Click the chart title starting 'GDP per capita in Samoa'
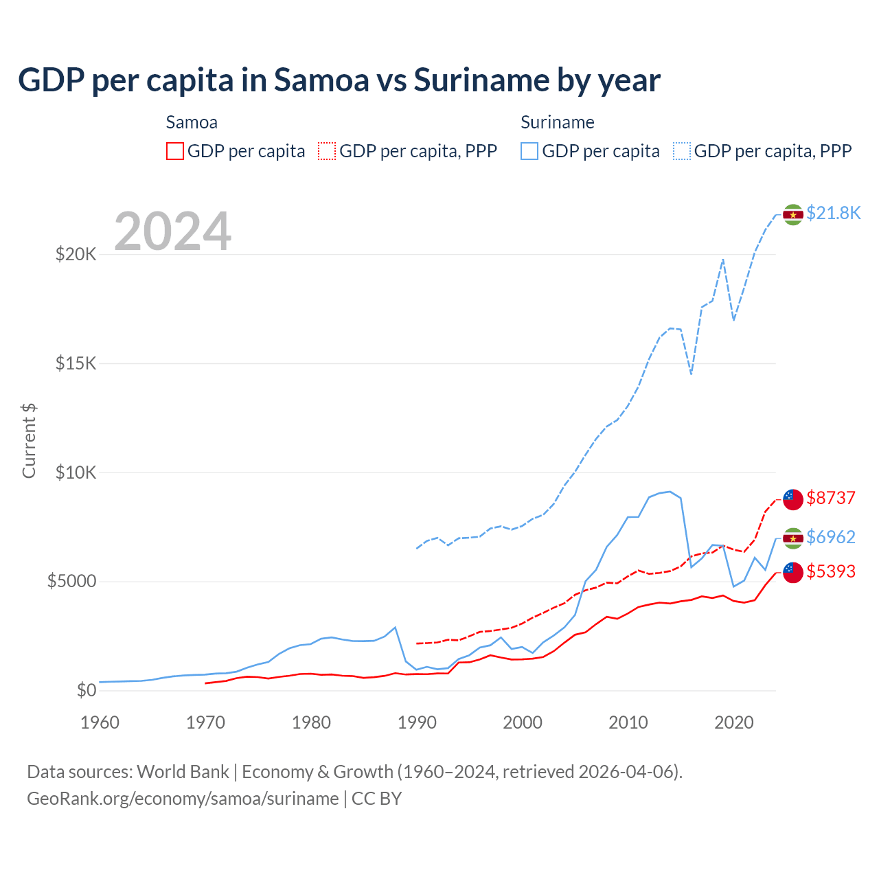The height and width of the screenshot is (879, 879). (x=339, y=80)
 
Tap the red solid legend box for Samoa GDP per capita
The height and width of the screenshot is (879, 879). (x=175, y=151)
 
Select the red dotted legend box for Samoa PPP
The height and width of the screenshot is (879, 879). (x=327, y=151)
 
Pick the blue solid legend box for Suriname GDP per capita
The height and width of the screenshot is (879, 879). (x=529, y=151)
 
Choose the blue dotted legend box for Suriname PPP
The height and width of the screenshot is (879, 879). (x=682, y=151)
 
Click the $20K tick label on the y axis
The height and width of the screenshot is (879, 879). (x=76, y=255)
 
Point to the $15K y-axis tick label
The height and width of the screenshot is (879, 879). (x=76, y=363)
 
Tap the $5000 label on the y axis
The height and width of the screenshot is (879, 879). (x=71, y=582)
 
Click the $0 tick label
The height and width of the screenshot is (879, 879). (x=86, y=690)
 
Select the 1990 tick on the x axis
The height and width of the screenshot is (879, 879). (x=417, y=722)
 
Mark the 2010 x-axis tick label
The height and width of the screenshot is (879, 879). (x=628, y=722)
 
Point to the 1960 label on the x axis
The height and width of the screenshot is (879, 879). (x=100, y=722)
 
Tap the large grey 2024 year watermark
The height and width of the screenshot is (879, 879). (x=172, y=231)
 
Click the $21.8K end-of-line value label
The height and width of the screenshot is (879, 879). (x=833, y=214)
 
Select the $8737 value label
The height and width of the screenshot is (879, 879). (x=831, y=498)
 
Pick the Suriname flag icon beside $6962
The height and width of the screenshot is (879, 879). (x=793, y=538)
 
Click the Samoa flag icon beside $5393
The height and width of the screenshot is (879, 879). (x=793, y=572)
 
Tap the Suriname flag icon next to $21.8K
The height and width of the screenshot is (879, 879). (x=793, y=214)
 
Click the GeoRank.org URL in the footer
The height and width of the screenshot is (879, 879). (x=183, y=799)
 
